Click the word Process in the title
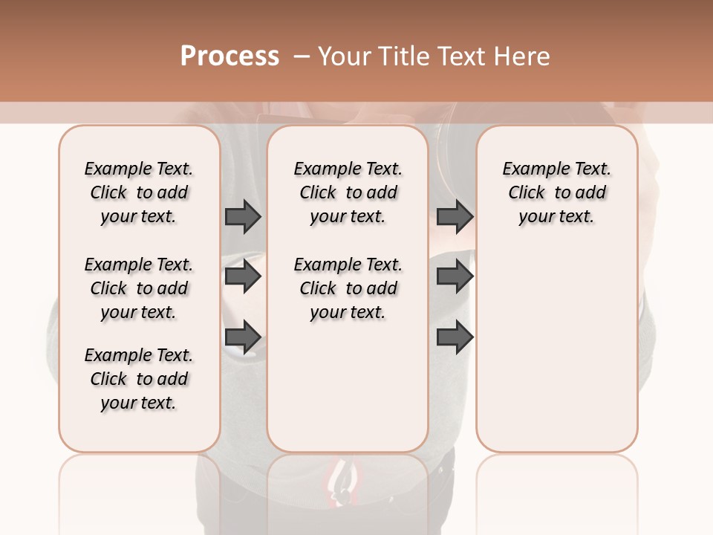[x=229, y=56]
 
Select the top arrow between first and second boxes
[x=243, y=216]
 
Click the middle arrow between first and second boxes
[x=243, y=276]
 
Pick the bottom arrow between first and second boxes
[x=243, y=337]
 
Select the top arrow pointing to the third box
[x=455, y=216]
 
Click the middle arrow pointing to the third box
[x=455, y=276]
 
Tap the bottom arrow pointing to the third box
[x=455, y=337]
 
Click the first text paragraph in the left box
[x=139, y=192]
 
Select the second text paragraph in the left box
[x=139, y=288]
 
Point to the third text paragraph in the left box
[x=139, y=379]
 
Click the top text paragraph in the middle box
[x=348, y=192]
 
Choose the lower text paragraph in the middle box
[x=348, y=288]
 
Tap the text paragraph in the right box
[x=556, y=192]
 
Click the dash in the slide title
[x=301, y=56]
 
